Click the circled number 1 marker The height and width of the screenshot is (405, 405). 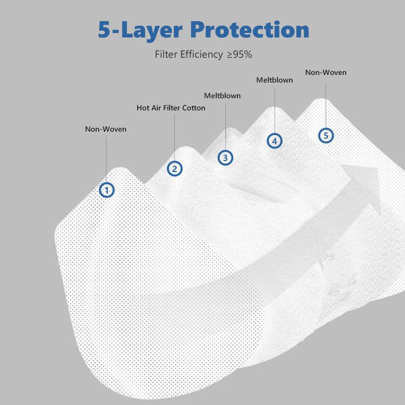[x=107, y=190]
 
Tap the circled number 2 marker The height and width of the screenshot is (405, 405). [x=175, y=169]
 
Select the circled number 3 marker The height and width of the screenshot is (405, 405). [x=225, y=157]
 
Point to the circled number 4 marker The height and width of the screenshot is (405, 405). [x=274, y=141]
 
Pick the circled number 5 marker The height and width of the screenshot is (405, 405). [x=326, y=135]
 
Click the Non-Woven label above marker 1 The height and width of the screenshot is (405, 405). [x=106, y=129]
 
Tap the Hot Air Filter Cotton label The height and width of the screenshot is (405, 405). [x=171, y=108]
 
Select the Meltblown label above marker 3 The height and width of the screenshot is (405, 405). [x=222, y=96]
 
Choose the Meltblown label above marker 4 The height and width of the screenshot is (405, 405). [x=274, y=80]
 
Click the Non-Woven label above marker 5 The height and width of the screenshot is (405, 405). [x=326, y=72]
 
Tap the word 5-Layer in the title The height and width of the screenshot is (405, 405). [x=140, y=31]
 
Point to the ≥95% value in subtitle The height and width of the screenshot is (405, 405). [x=239, y=55]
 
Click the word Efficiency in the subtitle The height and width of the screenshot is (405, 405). [x=201, y=55]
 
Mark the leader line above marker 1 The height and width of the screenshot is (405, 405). [x=106, y=160]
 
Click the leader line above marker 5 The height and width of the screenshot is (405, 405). [x=326, y=105]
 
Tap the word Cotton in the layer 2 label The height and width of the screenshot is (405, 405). [x=194, y=108]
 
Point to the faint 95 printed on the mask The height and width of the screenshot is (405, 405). [x=328, y=257]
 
